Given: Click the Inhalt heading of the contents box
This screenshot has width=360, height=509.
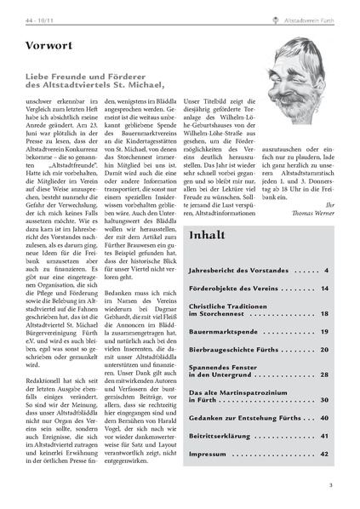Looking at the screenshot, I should pyautogui.click(x=209, y=234).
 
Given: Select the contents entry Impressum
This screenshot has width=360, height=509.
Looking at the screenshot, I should pyautogui.click(x=208, y=454).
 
